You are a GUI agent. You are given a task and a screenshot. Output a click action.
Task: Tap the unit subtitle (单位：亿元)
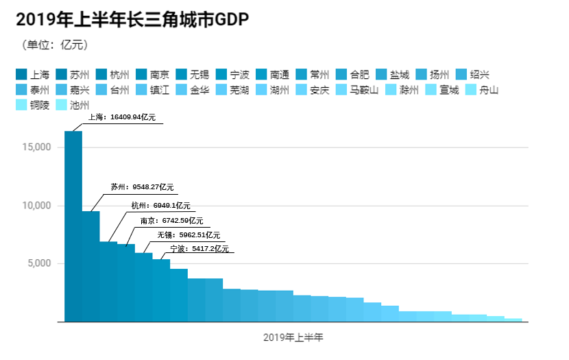pyautogui.click(x=56, y=45)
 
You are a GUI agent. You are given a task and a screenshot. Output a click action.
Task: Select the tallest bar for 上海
pyautogui.click(x=73, y=226)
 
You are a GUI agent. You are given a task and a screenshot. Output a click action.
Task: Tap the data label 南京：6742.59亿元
pyautogui.click(x=171, y=221)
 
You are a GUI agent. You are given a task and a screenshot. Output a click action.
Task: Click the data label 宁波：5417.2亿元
pyautogui.click(x=199, y=248)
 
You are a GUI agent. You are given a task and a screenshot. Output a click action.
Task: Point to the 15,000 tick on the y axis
pyautogui.click(x=36, y=147)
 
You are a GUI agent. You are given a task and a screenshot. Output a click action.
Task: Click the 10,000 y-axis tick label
pyautogui.click(x=36, y=206)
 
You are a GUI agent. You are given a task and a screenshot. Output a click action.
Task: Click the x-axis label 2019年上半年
pyautogui.click(x=293, y=338)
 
